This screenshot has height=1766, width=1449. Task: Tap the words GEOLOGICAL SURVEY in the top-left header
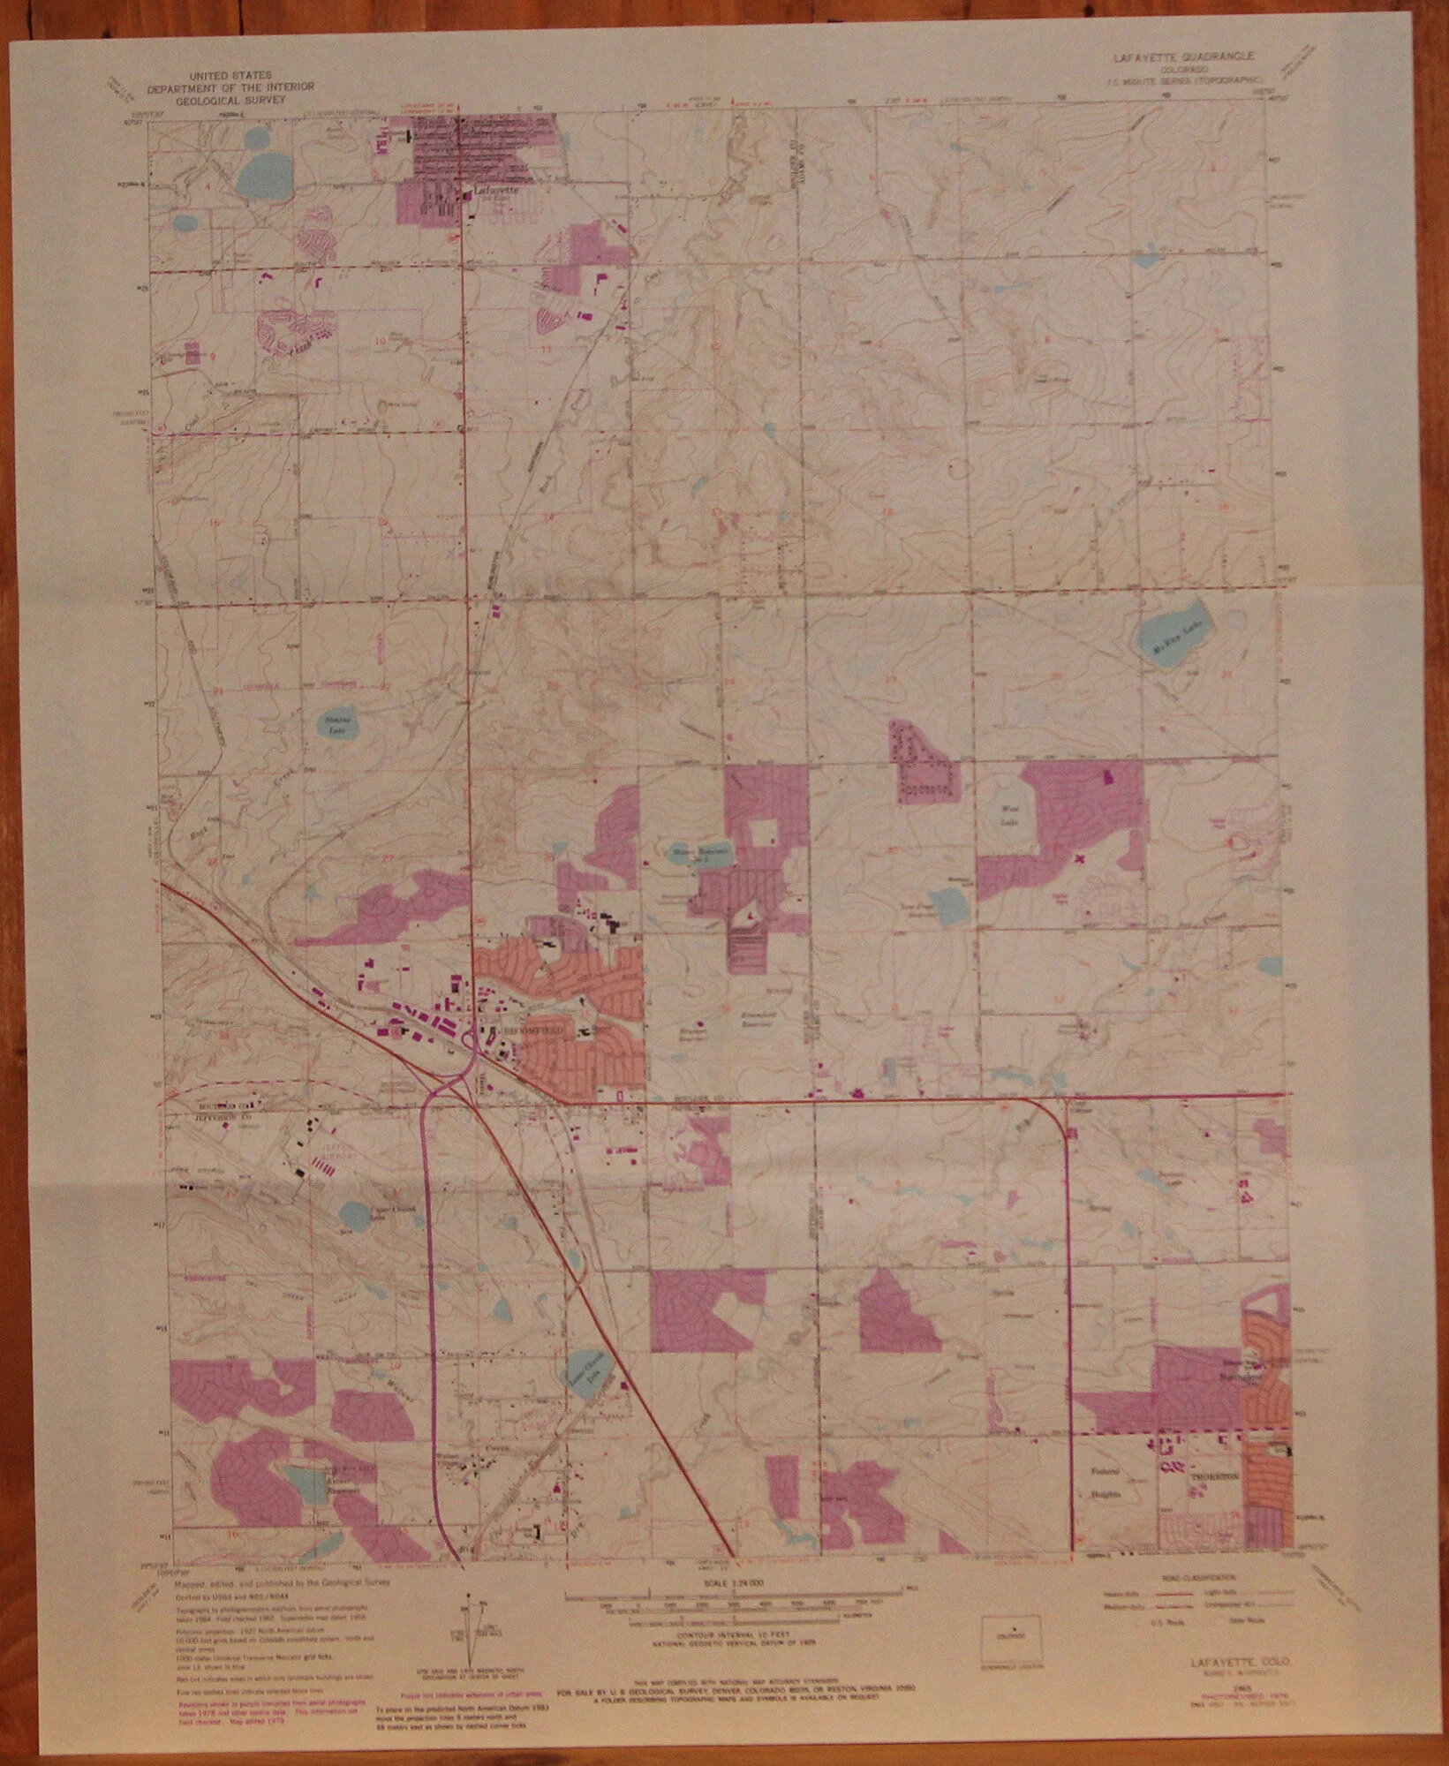[230, 101]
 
